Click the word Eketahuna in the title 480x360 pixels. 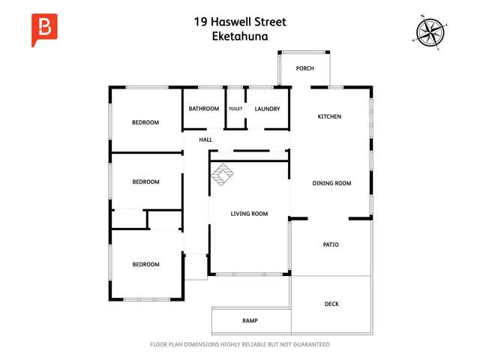(x=240, y=34)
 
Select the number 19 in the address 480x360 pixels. (x=199, y=22)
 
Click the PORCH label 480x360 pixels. (x=304, y=68)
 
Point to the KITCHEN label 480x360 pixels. (x=329, y=117)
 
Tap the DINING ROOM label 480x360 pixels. (x=331, y=183)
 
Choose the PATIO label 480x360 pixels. (x=331, y=244)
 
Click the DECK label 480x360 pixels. (x=331, y=304)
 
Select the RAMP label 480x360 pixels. (x=250, y=321)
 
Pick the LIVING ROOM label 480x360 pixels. (x=249, y=214)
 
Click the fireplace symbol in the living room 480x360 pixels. (x=221, y=178)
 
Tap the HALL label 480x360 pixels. (x=205, y=140)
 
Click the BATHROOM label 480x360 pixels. (x=204, y=109)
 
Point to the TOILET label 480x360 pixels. (x=235, y=109)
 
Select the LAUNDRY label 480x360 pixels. (x=267, y=109)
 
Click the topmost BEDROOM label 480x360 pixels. (x=145, y=122)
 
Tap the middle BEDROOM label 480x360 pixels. (x=145, y=181)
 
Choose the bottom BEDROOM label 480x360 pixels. (x=145, y=264)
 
